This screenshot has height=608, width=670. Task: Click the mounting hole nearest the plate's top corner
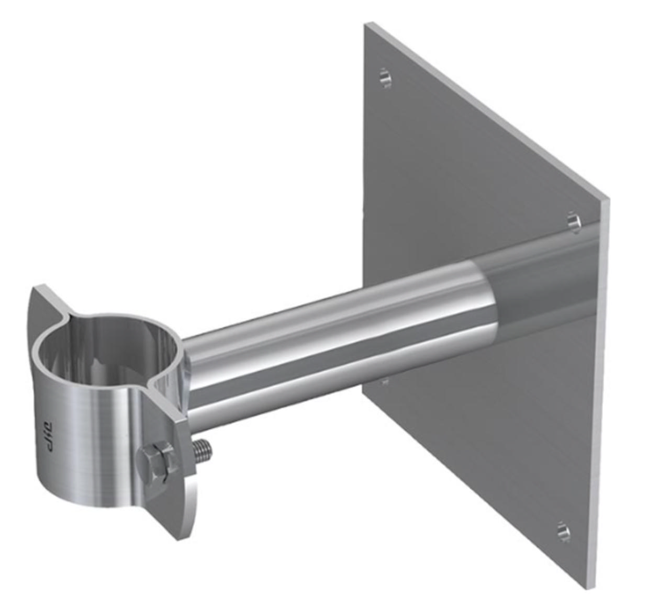tap(385, 77)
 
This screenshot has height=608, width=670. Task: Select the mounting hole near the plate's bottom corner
tap(563, 531)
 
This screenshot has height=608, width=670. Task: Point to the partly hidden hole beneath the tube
tap(385, 381)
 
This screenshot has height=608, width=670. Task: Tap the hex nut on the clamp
tap(155, 462)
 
